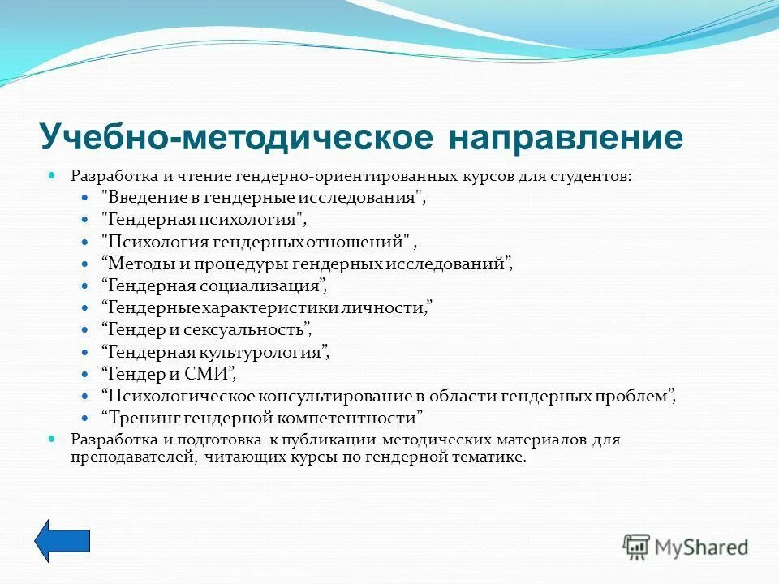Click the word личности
click(x=390, y=307)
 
